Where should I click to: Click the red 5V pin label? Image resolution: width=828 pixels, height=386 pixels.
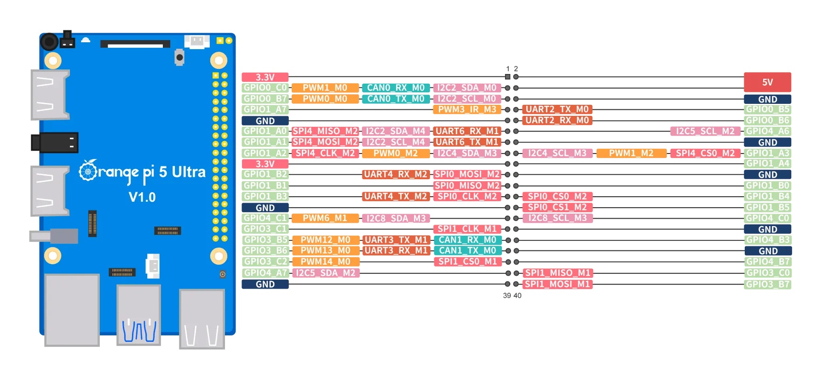coord(768,82)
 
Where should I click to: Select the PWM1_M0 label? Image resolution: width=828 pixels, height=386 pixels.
coord(325,88)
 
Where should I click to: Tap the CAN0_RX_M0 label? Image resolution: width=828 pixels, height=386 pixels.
coord(396,88)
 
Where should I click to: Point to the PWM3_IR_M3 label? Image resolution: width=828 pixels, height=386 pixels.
coord(466,109)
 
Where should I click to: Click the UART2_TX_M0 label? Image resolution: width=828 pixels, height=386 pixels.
coord(557,109)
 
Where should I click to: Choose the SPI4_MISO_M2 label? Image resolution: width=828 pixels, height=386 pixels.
coord(325,131)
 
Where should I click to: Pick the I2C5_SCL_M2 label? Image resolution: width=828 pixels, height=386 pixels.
coord(705,131)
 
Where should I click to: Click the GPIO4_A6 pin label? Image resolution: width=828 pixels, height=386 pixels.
coord(768,131)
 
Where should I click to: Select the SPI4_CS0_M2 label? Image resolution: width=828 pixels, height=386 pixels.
coord(705,153)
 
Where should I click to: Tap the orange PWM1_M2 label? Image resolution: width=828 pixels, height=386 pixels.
coord(631,153)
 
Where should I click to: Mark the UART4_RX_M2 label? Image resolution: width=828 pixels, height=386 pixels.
coord(396,174)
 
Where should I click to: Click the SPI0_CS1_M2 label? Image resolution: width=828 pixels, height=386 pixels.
coord(557,207)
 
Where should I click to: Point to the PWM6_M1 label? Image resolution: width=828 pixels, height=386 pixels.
coord(325,218)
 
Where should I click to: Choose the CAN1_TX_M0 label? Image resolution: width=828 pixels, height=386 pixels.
coord(467,250)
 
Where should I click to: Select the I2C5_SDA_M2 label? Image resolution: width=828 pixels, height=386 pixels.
coord(325,273)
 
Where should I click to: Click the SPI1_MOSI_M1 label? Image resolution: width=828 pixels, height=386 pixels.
coord(557,284)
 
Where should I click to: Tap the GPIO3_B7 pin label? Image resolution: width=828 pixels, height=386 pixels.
coord(768,284)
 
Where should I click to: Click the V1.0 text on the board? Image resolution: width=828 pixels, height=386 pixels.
coord(142,197)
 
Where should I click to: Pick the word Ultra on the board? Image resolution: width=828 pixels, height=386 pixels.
coord(189,172)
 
